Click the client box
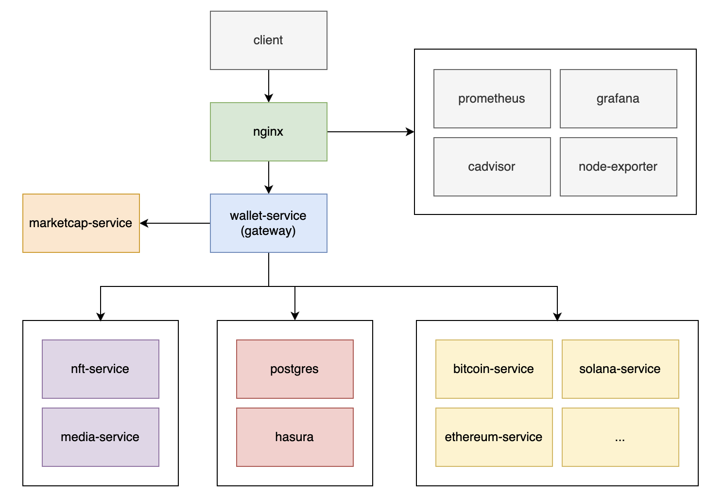[x=268, y=40]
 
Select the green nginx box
[x=268, y=132]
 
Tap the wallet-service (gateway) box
[x=268, y=223]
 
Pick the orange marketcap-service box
[x=81, y=223]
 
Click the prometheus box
[x=492, y=99]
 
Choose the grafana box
[x=618, y=99]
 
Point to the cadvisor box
[x=492, y=167]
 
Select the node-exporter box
[x=618, y=167]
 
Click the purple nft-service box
[x=101, y=369]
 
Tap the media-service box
[x=101, y=437]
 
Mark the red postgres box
[x=294, y=369]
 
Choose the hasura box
[x=294, y=437]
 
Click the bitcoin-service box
[x=494, y=369]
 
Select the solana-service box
[x=620, y=369]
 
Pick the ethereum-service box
[x=494, y=437]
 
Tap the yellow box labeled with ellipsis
[x=620, y=437]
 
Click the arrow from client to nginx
[x=269, y=86]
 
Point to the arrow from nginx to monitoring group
[x=370, y=132]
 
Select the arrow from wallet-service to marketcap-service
[x=175, y=223]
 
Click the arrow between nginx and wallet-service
[x=269, y=177]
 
